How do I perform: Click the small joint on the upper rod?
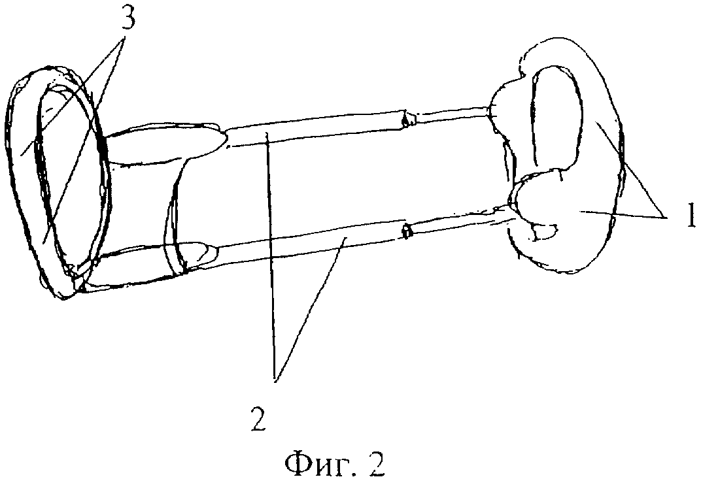[408, 118]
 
